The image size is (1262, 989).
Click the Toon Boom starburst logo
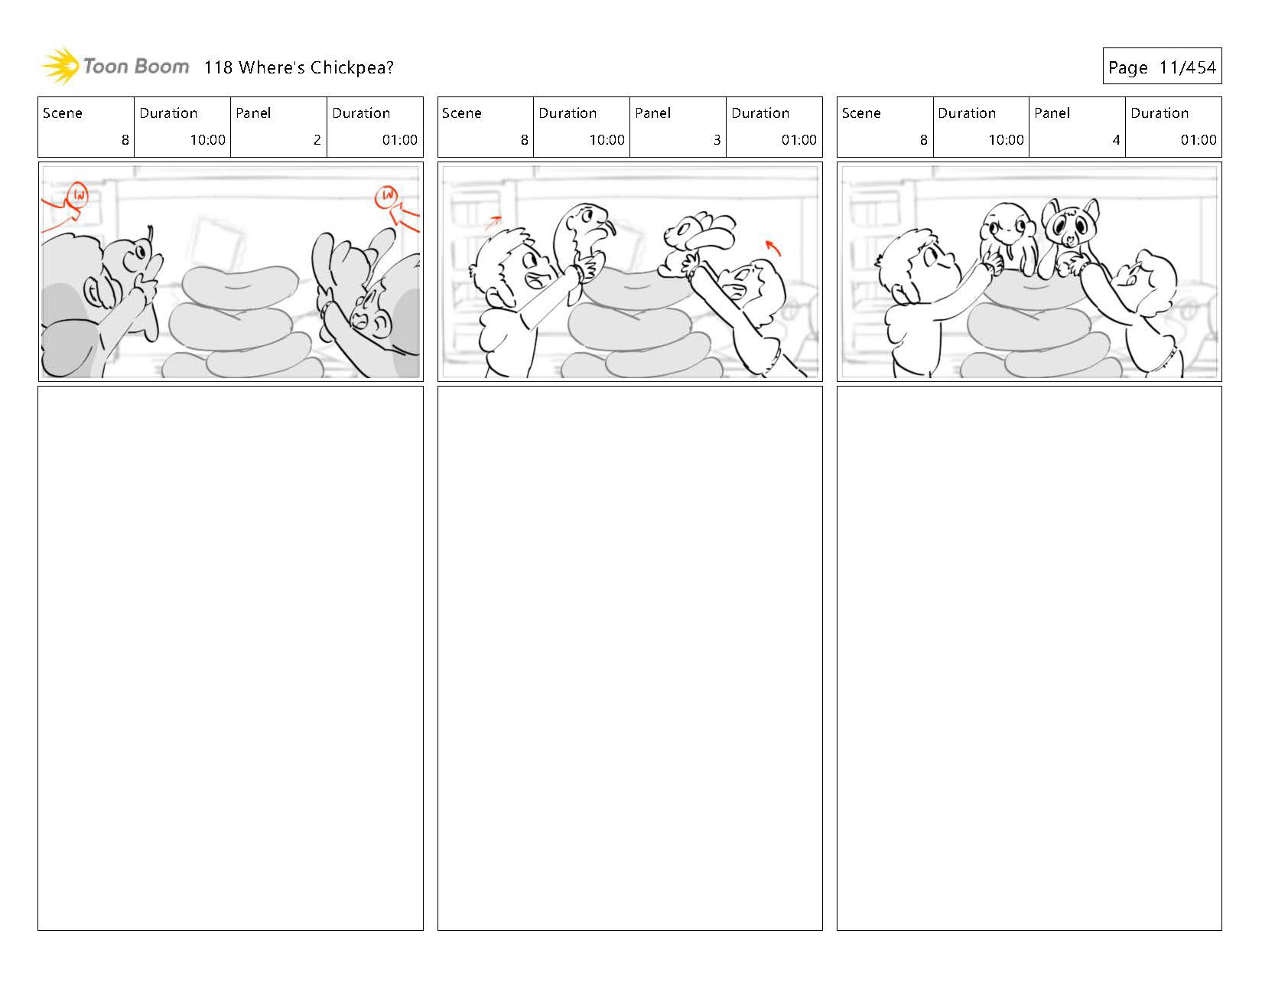60,66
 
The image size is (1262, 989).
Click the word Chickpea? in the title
352,68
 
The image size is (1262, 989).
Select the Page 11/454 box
1162,66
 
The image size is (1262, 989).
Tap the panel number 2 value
317,139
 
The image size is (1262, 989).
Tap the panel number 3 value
717,139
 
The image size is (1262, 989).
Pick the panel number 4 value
1116,139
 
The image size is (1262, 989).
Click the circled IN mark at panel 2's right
387,196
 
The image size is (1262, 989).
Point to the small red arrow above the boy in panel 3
494,220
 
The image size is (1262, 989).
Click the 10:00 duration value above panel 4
1006,139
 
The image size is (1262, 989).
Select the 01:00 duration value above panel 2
399,139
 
